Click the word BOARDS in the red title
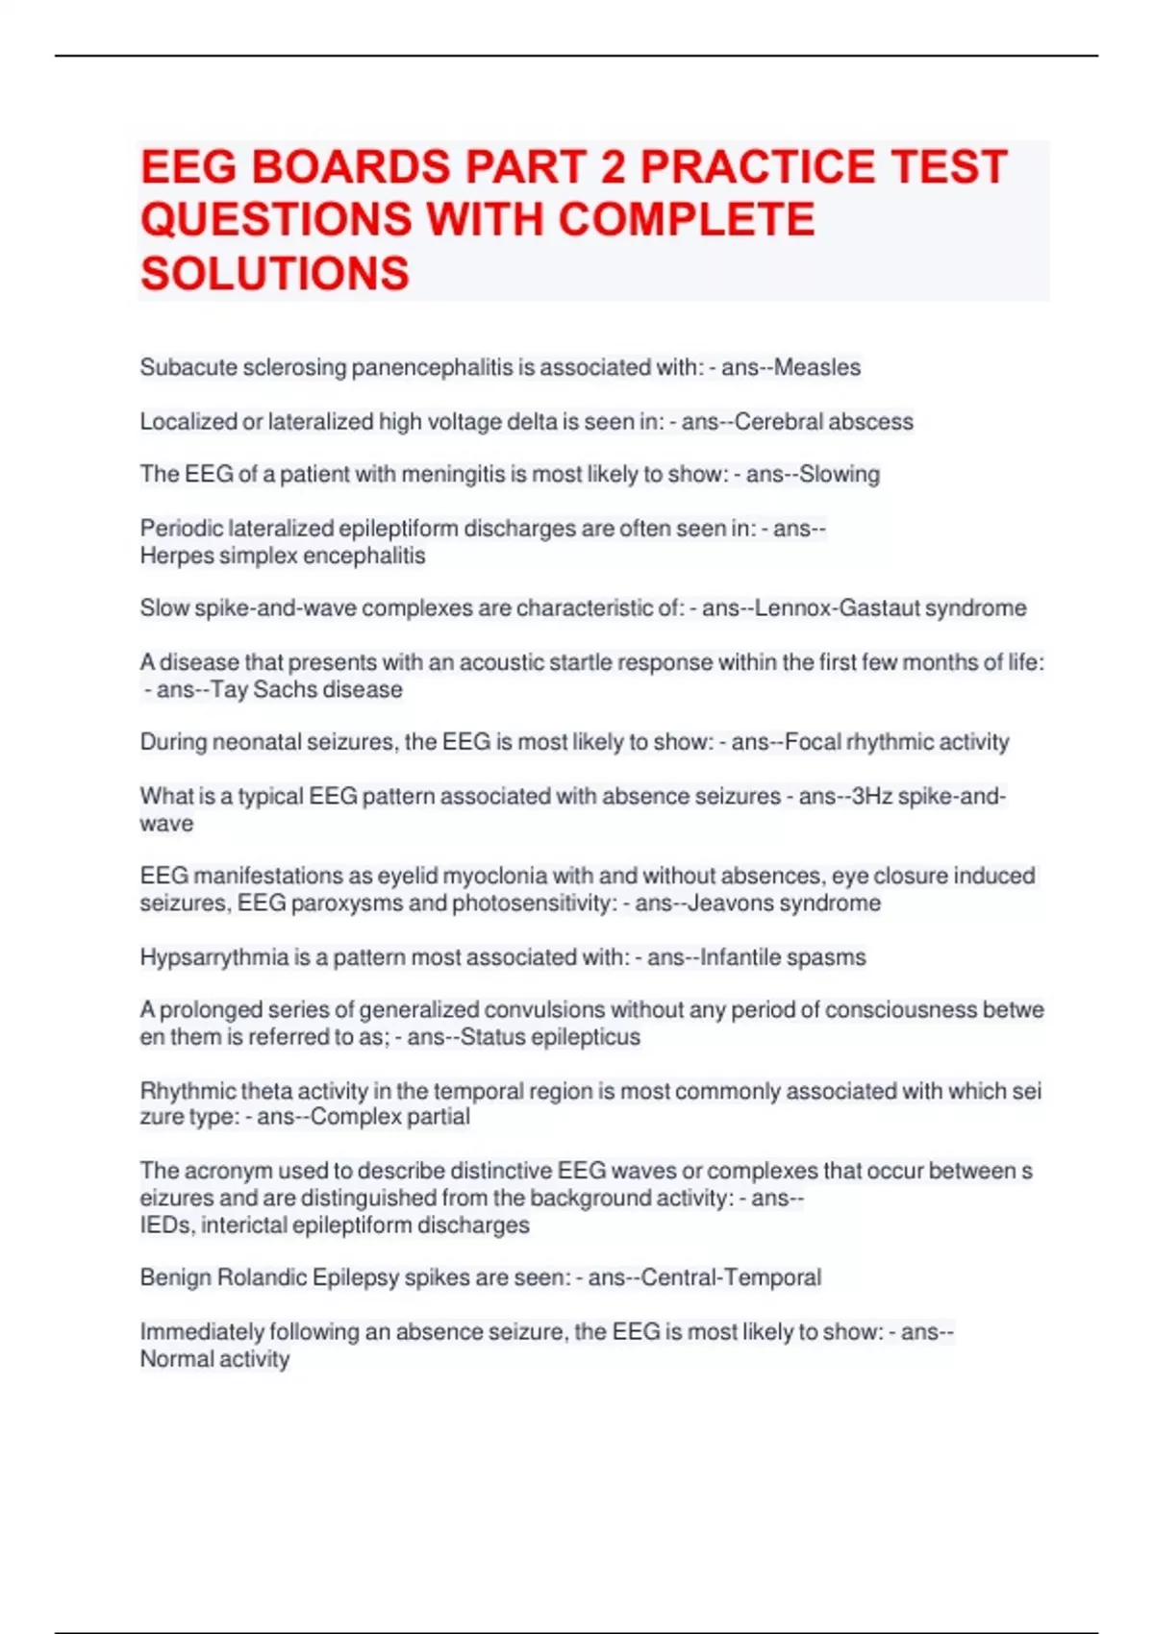click(350, 167)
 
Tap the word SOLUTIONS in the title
click(275, 274)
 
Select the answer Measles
click(817, 367)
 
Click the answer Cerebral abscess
click(824, 421)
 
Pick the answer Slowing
click(840, 474)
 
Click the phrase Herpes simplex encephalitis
click(283, 556)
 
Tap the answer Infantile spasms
click(783, 957)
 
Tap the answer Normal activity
click(214, 1359)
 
